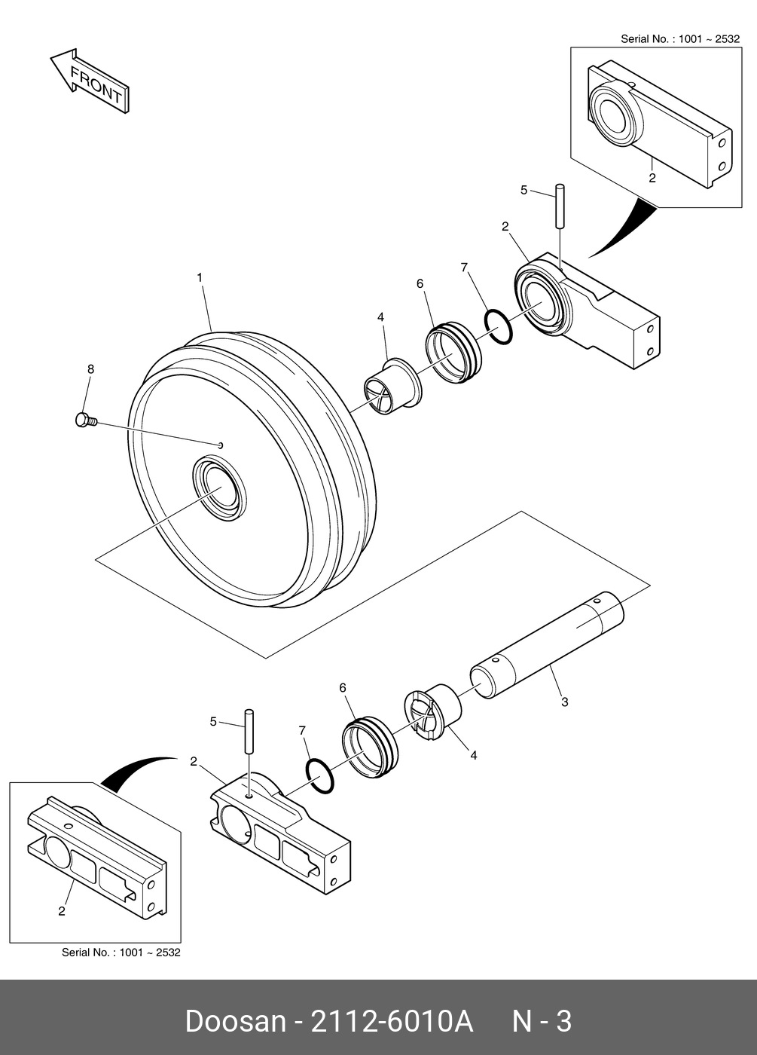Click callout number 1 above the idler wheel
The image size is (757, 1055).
click(x=200, y=278)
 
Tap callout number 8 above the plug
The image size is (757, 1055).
click(x=91, y=369)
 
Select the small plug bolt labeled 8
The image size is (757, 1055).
click(x=85, y=420)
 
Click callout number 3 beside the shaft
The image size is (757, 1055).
click(x=565, y=702)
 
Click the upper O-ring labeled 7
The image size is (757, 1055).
click(x=498, y=326)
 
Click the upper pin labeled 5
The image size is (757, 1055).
click(x=561, y=206)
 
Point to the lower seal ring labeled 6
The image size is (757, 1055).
click(x=368, y=748)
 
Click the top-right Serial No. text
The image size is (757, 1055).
click(x=679, y=39)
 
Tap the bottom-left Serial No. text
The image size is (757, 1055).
click(x=121, y=953)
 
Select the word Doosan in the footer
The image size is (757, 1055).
click(x=235, y=1022)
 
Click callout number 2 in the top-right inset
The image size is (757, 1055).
click(x=652, y=179)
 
